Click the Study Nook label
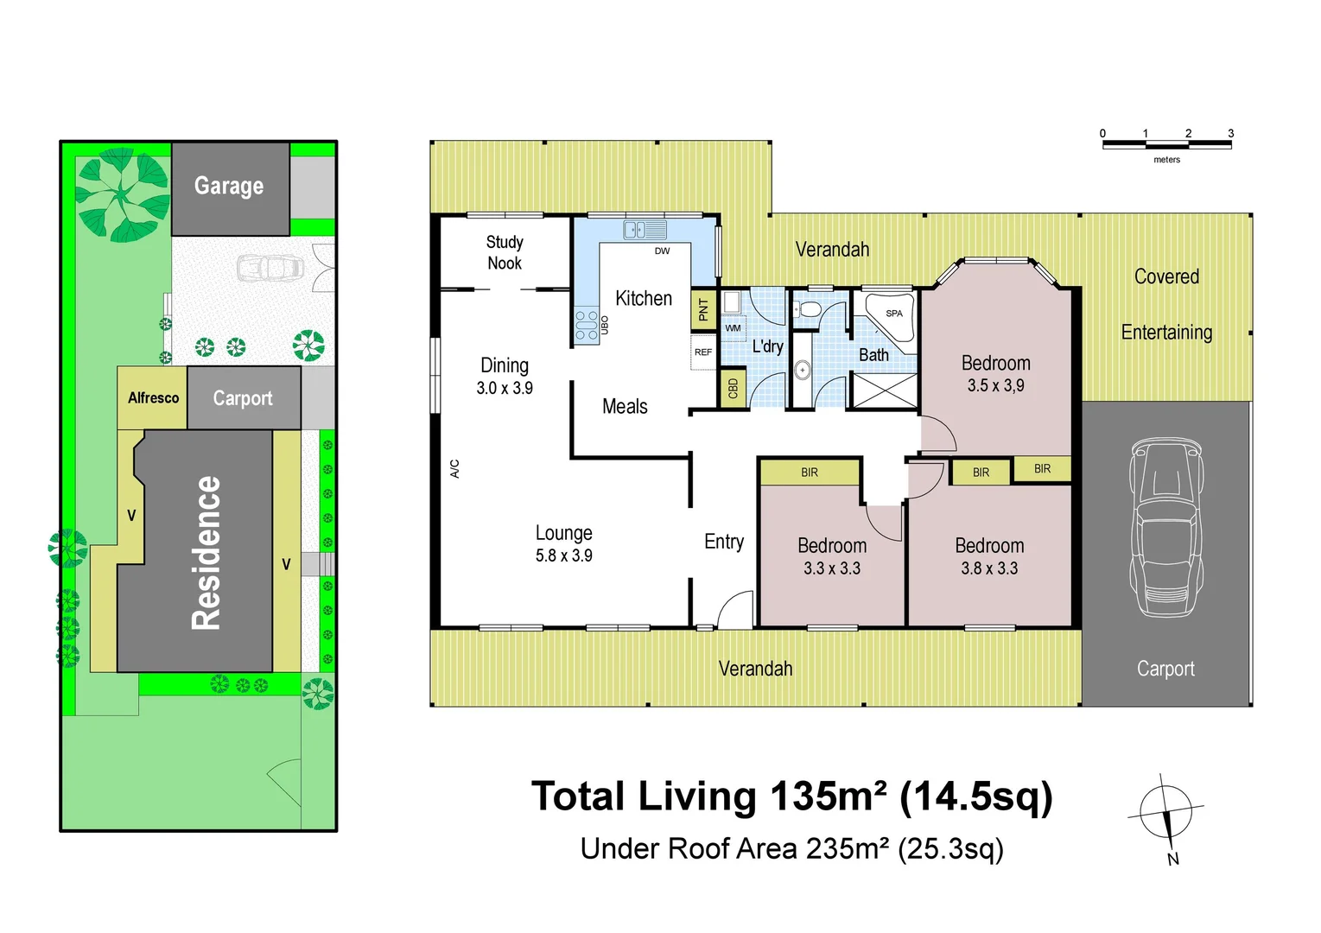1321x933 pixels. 505,252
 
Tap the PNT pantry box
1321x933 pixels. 703,309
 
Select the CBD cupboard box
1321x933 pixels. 733,388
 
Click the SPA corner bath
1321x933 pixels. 890,316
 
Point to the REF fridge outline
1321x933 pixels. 703,352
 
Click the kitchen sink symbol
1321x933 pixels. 645,230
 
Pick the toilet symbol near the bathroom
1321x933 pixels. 807,309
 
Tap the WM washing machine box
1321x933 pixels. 733,328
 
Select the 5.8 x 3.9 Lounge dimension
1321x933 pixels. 564,555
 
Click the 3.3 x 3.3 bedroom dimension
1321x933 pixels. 831,568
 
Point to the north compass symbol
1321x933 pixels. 1165,818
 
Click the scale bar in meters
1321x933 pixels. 1166,144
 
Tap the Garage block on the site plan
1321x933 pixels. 230,188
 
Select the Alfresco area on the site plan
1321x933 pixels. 152,397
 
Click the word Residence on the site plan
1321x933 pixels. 206,553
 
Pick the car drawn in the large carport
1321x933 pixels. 1165,527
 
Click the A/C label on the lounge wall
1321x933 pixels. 454,468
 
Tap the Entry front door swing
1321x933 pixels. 735,609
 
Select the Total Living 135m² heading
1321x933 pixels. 791,797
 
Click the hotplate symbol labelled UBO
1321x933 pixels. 586,325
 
